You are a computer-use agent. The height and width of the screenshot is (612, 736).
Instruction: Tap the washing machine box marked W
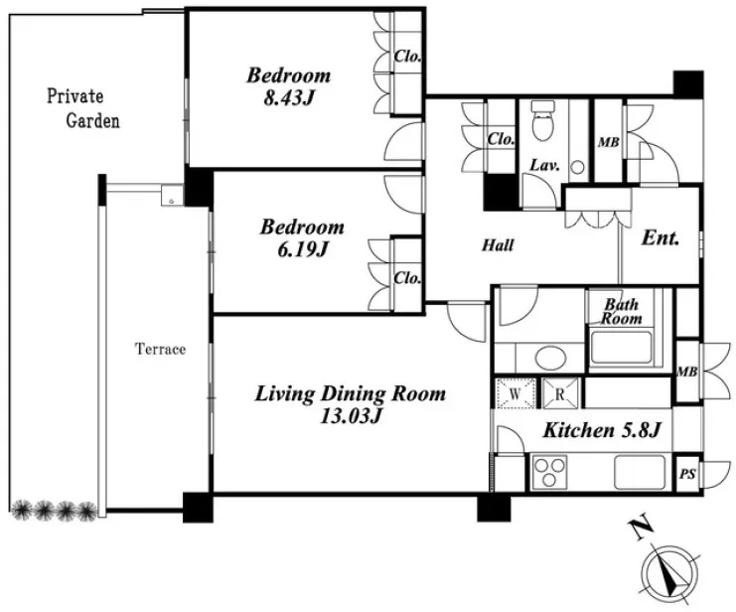[515, 393]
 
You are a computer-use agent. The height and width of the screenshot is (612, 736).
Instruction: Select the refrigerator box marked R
[560, 393]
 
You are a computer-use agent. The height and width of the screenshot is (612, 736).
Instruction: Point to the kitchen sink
[640, 472]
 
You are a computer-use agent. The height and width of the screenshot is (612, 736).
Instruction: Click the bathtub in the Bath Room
[621, 348]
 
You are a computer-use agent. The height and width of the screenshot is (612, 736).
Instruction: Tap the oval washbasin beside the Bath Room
[551, 358]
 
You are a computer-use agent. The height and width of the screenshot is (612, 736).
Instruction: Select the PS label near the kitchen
[687, 474]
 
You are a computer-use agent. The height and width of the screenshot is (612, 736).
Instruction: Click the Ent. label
[660, 238]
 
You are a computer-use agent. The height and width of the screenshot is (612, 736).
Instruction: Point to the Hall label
[498, 244]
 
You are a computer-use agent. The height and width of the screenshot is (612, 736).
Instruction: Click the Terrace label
[161, 349]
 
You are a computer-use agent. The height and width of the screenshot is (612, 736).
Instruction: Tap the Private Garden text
[83, 108]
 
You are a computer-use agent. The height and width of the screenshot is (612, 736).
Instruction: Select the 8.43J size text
[288, 98]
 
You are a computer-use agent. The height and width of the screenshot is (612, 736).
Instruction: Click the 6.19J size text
[302, 249]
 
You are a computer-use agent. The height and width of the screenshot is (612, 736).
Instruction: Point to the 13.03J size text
[350, 415]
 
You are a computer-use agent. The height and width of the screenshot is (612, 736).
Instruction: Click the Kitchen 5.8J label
[602, 430]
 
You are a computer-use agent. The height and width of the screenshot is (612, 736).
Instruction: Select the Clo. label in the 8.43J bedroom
[407, 57]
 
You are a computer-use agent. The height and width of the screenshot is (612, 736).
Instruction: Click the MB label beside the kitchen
[687, 372]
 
